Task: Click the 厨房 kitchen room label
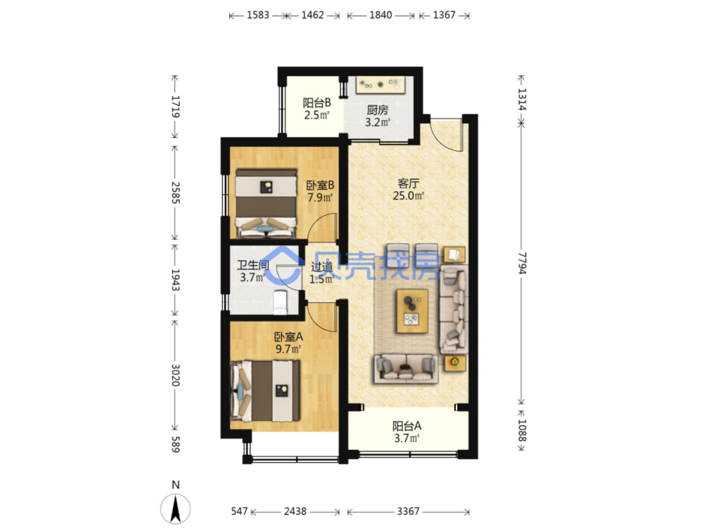pyautogui.click(x=377, y=110)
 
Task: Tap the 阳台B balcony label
pyautogui.click(x=316, y=103)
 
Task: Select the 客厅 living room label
pyautogui.click(x=408, y=183)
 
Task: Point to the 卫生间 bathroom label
pyautogui.click(x=253, y=265)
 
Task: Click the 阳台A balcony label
pyautogui.click(x=407, y=426)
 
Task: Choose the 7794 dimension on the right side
pyautogui.click(x=521, y=263)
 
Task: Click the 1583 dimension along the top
pyautogui.click(x=258, y=15)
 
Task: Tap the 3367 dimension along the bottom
pyautogui.click(x=408, y=511)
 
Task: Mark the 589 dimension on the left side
pyautogui.click(x=176, y=445)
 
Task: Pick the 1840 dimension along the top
pyautogui.click(x=381, y=15)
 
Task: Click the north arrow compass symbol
pyautogui.click(x=175, y=509)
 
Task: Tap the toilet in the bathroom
pyautogui.click(x=280, y=302)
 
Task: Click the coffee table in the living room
pyautogui.click(x=412, y=311)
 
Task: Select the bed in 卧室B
pyautogui.click(x=266, y=203)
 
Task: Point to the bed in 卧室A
pyautogui.click(x=265, y=391)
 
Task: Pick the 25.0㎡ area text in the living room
pyautogui.click(x=408, y=195)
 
